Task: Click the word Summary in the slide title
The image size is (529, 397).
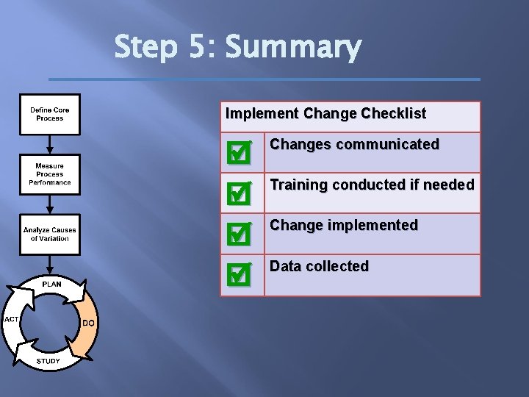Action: tap(293, 48)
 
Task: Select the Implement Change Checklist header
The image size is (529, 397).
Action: tap(325, 114)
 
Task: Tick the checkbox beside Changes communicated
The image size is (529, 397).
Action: tap(239, 154)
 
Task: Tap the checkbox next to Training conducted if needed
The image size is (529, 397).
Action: tap(239, 193)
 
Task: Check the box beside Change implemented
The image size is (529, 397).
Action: tap(239, 234)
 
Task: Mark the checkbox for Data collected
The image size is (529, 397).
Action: tap(239, 274)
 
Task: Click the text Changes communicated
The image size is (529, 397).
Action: tap(354, 145)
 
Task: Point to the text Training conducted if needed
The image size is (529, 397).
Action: tap(372, 185)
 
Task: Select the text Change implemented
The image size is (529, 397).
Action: tap(343, 226)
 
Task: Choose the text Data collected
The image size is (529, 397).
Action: tap(319, 267)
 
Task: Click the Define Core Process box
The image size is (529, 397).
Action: tap(50, 114)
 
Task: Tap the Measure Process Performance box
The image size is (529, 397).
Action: tap(50, 174)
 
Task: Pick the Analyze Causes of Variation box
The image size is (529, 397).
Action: tap(50, 235)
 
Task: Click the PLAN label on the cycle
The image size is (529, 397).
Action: tap(51, 284)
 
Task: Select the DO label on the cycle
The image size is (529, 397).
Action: tap(88, 323)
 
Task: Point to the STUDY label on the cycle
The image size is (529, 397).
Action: tap(48, 361)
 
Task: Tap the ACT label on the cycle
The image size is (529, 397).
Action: tap(11, 320)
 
